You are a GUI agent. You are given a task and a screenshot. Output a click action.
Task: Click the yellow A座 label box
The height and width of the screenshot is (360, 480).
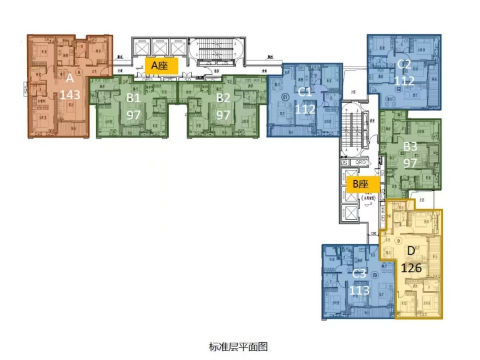(x=161, y=66)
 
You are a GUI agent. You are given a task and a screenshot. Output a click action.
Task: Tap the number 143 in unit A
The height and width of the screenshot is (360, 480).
(x=70, y=95)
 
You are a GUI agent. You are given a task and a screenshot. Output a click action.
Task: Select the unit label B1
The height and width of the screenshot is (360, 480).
(x=133, y=98)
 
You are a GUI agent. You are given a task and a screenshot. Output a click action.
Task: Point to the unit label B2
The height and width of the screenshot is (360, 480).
(x=223, y=98)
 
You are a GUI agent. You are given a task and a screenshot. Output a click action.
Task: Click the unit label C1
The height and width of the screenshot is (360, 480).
(x=305, y=92)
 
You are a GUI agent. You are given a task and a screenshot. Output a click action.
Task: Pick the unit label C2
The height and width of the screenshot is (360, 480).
(x=404, y=64)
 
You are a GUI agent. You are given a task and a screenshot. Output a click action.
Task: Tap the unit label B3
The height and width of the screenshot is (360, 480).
(x=410, y=146)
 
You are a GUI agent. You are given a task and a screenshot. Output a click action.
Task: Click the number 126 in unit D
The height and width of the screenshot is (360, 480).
(x=411, y=268)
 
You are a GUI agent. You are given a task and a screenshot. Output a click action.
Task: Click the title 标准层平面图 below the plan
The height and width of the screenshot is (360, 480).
(x=238, y=346)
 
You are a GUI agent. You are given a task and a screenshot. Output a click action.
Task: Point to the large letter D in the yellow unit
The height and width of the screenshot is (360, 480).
(x=411, y=251)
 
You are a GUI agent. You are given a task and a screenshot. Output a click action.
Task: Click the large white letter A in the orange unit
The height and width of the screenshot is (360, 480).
(x=70, y=78)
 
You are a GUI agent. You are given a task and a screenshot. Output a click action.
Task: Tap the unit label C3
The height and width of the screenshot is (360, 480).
(x=359, y=274)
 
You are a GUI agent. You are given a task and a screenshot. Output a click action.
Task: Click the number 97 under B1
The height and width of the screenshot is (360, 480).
(x=133, y=115)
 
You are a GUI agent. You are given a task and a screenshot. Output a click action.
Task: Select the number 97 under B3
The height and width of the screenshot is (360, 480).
(x=410, y=163)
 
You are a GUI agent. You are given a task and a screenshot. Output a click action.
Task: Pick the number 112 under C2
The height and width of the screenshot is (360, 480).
(x=404, y=81)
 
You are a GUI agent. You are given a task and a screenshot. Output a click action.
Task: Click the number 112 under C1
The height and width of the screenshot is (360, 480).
(x=305, y=109)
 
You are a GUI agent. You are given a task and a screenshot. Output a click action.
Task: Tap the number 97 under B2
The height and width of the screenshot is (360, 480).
(x=223, y=115)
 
